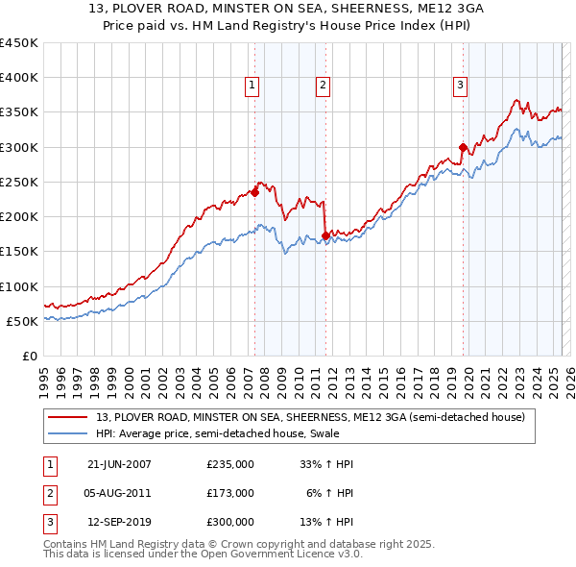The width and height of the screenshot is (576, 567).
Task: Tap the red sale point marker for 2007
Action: pyautogui.click(x=255, y=192)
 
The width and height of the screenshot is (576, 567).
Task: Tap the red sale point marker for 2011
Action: pyautogui.click(x=325, y=235)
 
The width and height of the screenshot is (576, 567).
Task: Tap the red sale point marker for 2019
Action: pyautogui.click(x=463, y=147)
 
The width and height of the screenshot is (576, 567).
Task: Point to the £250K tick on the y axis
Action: pyautogui.click(x=19, y=183)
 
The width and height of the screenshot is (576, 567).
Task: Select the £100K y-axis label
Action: pyautogui.click(x=19, y=286)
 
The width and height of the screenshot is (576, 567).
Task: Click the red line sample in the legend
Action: pyautogui.click(x=68, y=418)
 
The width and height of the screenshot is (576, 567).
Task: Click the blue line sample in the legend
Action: pyautogui.click(x=68, y=434)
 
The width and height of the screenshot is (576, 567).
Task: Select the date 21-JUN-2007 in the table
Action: pyautogui.click(x=119, y=464)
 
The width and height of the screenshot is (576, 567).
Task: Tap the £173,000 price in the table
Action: pyautogui.click(x=230, y=493)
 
